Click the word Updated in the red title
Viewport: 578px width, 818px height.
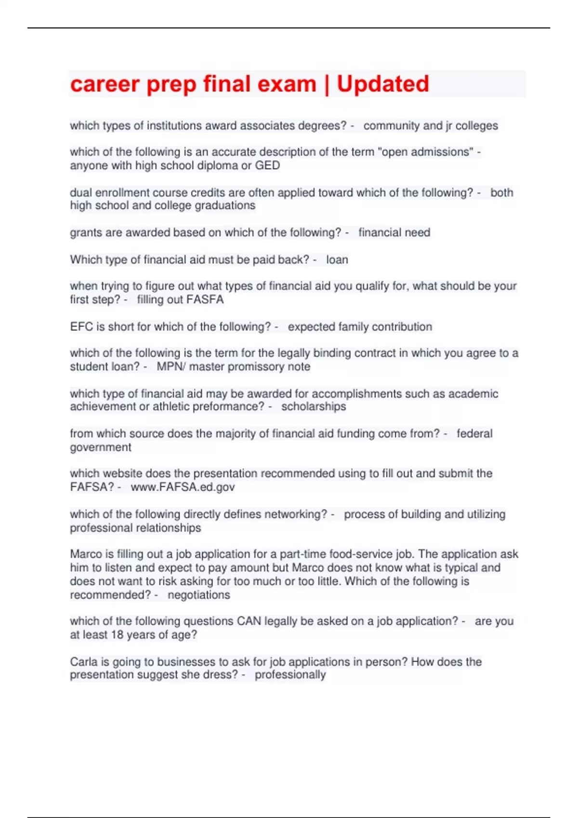(382, 84)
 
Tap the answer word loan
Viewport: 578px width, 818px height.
(337, 260)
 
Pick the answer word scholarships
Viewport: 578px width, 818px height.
(314, 407)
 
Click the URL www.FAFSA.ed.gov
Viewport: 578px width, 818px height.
(183, 487)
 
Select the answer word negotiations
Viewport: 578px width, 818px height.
(198, 595)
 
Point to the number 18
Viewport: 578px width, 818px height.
(117, 635)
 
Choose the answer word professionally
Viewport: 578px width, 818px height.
(290, 675)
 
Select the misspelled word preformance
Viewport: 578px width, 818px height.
(229, 407)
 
